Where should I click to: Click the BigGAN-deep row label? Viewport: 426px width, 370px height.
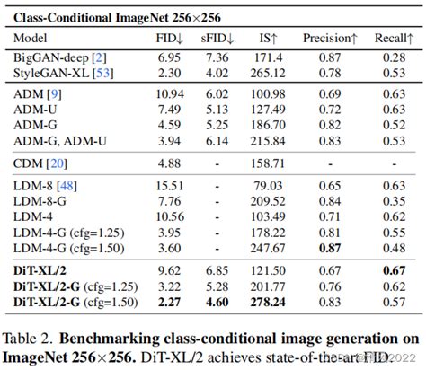tap(54, 57)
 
